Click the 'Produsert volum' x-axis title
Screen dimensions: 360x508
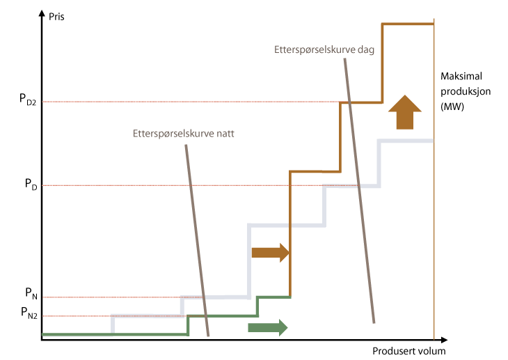point(408,351)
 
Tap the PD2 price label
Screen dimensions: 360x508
point(28,99)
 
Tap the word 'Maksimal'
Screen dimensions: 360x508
point(461,77)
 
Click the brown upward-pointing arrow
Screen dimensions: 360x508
point(404,111)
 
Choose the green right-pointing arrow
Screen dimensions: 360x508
point(267,326)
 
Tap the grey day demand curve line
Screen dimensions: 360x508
point(359,188)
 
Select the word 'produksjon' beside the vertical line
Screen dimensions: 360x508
point(465,91)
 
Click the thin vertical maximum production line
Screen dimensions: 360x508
point(434,209)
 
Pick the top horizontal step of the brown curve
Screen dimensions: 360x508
point(408,24)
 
